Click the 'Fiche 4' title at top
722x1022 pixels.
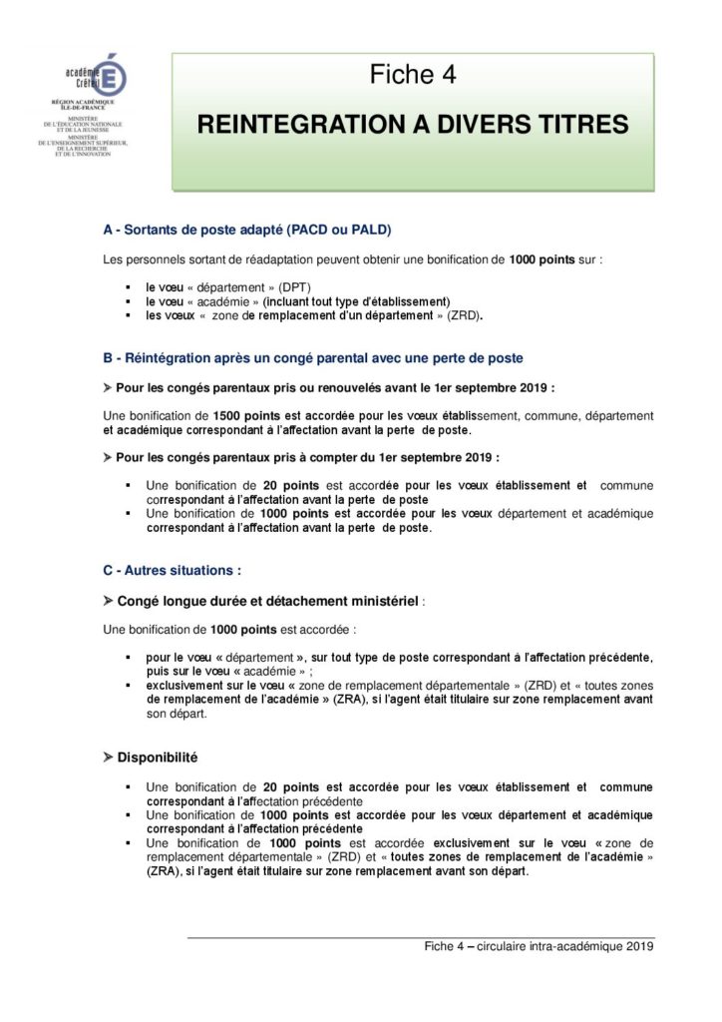click(413, 75)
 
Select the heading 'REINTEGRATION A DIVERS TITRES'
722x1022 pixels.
click(413, 124)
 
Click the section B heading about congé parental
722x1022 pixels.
click(313, 356)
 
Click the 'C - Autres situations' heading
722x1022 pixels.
click(173, 571)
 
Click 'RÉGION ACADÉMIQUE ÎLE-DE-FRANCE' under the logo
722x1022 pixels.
click(85, 105)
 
